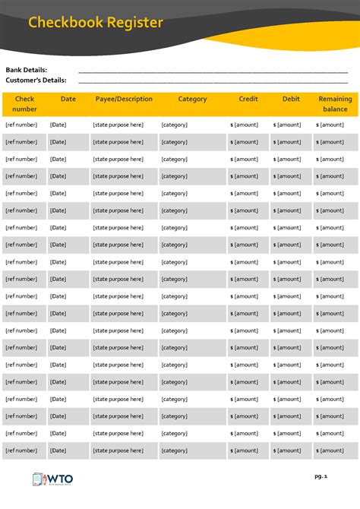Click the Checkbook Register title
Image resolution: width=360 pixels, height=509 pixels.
(96, 23)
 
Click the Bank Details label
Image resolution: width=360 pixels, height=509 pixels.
(27, 70)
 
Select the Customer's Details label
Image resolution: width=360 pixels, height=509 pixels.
(36, 80)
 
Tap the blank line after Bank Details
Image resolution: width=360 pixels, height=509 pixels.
(213, 71)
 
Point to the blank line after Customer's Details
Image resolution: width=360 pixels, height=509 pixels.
(213, 81)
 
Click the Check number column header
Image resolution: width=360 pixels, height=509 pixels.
(24, 104)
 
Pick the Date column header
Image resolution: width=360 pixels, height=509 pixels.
(68, 100)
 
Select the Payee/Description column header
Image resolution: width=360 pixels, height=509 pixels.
(124, 100)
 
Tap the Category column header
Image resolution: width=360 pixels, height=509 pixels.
(192, 100)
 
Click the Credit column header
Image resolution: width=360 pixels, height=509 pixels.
(248, 100)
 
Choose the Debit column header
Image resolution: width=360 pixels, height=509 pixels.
(291, 100)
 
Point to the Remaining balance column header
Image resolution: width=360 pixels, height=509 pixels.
(335, 104)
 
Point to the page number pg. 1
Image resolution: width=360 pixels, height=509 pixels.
(321, 476)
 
